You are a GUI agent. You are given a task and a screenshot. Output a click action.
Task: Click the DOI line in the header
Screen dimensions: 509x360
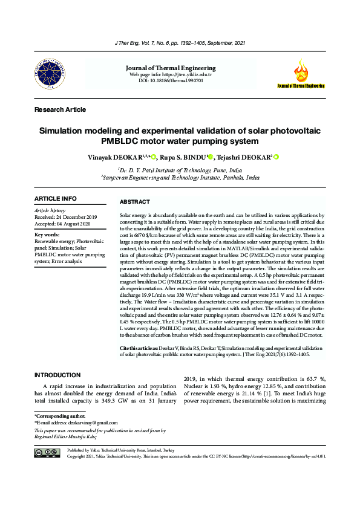click(x=180, y=80)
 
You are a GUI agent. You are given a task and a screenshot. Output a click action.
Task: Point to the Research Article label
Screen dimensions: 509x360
click(x=60, y=109)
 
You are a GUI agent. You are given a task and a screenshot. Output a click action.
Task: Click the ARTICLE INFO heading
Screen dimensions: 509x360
click(x=56, y=199)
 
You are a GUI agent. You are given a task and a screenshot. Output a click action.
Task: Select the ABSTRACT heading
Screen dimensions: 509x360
click(x=135, y=202)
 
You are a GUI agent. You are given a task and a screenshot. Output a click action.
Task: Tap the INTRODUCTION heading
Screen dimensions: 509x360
click(x=59, y=375)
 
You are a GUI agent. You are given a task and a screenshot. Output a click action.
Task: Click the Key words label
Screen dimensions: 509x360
click(x=48, y=234)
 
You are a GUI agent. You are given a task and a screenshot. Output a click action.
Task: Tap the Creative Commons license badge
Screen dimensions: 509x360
click(x=47, y=453)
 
